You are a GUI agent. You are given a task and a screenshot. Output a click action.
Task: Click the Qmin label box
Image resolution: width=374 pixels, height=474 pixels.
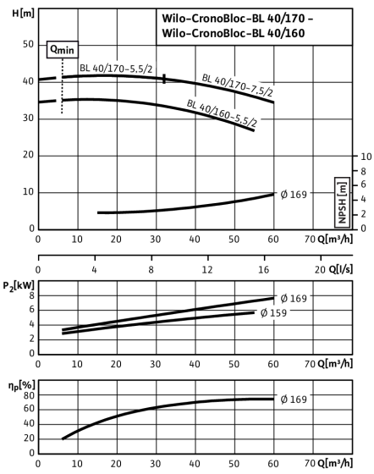tap(63, 49)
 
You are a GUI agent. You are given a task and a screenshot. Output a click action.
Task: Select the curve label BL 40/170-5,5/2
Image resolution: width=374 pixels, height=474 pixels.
tap(116, 69)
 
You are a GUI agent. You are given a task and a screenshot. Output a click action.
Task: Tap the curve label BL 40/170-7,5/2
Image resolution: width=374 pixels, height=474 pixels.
tap(238, 85)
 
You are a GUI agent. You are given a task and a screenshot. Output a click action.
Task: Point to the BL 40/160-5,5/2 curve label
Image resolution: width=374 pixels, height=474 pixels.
tap(222, 113)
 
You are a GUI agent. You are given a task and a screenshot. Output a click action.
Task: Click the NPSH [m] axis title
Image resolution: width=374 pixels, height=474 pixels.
tap(343, 202)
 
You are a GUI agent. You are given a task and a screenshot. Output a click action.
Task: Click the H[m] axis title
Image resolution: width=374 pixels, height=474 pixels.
tap(23, 14)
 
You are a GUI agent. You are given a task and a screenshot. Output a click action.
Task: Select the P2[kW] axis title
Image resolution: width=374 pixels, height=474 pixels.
tap(19, 286)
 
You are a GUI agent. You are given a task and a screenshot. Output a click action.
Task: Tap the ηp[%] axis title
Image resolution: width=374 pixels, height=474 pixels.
tap(22, 386)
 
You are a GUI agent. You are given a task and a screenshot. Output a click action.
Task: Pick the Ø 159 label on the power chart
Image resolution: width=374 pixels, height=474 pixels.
tap(273, 312)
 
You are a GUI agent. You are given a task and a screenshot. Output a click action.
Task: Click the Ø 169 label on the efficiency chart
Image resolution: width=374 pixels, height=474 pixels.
tap(294, 400)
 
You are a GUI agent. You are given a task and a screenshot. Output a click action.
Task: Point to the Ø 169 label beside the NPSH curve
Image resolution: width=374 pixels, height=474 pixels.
tap(294, 195)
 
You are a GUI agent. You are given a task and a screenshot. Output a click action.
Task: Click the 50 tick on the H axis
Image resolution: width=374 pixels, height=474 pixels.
tap(28, 44)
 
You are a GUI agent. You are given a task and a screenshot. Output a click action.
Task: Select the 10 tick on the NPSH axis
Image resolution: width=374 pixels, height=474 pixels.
tap(366, 157)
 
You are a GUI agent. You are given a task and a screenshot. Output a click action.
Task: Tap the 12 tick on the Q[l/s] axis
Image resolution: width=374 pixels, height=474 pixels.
tap(207, 269)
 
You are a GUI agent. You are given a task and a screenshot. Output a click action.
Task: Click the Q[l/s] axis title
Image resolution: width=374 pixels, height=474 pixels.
tap(340, 269)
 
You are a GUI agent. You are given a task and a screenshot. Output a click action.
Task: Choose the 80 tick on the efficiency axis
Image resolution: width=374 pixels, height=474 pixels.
tap(29, 395)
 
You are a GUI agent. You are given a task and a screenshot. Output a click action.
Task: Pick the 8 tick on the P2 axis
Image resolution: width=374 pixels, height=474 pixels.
tap(31, 295)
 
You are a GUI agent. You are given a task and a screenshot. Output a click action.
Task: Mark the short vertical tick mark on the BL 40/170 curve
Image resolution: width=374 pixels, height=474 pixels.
tap(164, 79)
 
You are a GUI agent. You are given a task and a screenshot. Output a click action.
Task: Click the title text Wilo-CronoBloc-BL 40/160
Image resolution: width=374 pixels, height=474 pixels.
tap(234, 33)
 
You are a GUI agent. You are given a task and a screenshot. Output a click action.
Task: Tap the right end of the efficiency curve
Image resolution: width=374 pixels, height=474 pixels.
tap(273, 399)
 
